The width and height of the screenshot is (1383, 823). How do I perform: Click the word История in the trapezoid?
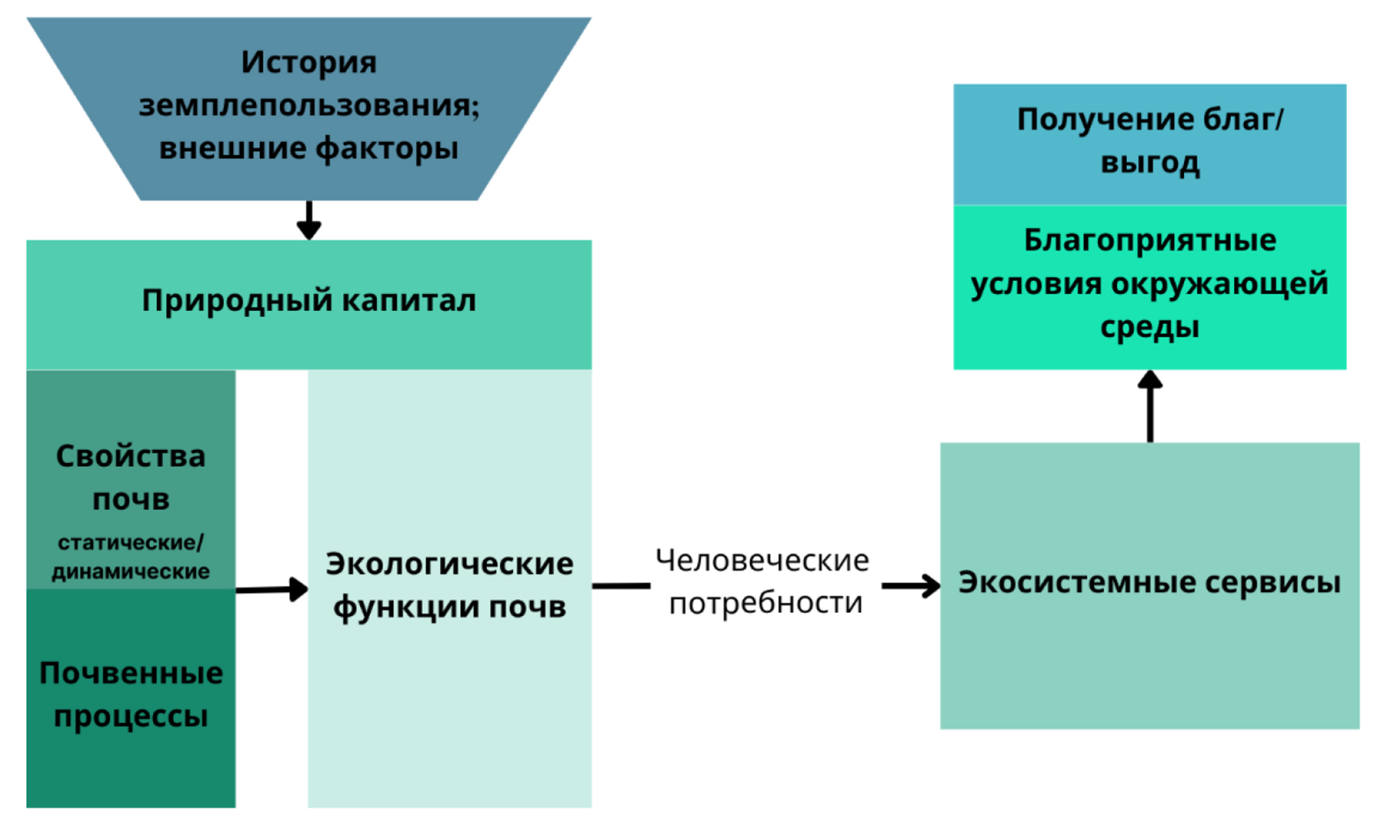coord(308,62)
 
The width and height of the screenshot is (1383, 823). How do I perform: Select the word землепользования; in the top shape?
coord(308,105)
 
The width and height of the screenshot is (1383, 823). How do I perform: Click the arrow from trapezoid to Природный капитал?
coord(309,221)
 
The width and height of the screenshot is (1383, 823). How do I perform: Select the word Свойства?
coord(130,456)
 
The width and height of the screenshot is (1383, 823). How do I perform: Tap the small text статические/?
coord(130,542)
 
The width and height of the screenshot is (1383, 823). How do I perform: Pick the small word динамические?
coord(130,572)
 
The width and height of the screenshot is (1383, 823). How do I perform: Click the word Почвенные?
coord(130,673)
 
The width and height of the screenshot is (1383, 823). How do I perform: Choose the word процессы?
coord(130,717)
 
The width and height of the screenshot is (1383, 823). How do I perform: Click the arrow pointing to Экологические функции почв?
coord(272,589)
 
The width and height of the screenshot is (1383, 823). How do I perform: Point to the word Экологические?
coord(449,564)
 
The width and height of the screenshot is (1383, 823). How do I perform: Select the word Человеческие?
coord(762,561)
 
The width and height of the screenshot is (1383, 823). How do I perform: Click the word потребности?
coord(766,603)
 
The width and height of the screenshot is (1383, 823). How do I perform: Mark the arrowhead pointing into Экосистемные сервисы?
coord(929,586)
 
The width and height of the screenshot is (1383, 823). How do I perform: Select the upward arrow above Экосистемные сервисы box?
coord(1150,406)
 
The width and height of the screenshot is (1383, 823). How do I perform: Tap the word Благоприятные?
coord(1150,240)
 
